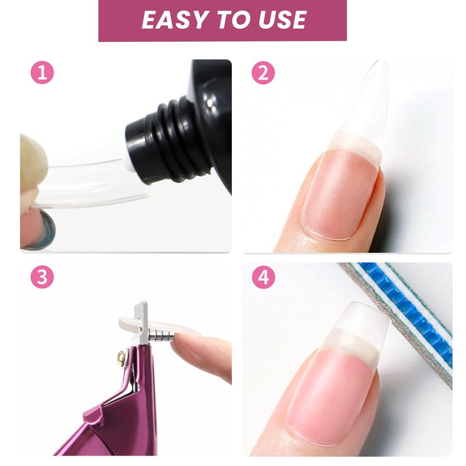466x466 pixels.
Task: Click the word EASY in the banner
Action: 174,20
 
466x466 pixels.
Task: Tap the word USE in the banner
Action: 283,20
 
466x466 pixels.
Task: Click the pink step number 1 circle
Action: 42,72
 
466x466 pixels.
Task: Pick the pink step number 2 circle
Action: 263,72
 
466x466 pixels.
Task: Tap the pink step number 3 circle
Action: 42,277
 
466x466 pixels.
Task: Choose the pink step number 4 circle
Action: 263,277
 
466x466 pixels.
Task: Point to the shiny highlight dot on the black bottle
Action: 210,103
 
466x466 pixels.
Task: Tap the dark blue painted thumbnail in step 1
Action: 45,230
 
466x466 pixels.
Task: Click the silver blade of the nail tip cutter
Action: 141,323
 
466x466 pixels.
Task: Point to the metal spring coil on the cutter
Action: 161,336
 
